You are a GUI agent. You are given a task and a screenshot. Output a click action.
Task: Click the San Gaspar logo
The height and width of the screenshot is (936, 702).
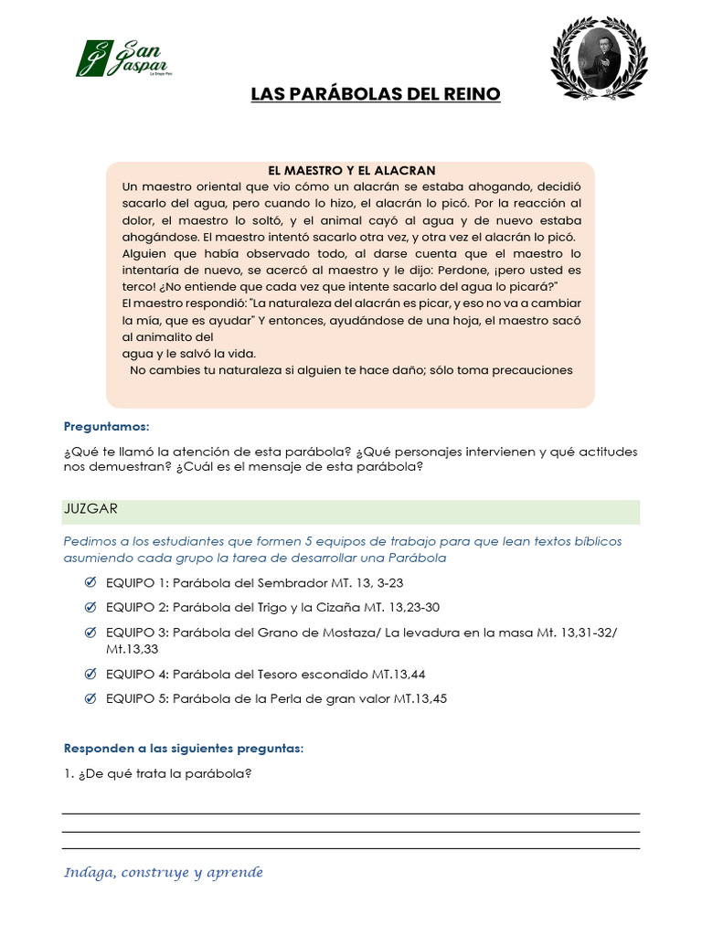pos(123,58)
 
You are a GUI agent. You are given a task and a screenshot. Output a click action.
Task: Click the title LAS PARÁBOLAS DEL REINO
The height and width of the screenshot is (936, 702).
pos(376,95)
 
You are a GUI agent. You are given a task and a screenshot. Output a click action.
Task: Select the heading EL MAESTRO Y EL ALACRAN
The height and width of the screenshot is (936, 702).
pos(351,170)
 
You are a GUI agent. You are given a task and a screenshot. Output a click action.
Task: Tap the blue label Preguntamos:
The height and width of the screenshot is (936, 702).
pos(106,427)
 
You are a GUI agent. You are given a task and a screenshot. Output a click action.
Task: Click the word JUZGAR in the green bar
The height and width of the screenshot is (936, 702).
pos(90,508)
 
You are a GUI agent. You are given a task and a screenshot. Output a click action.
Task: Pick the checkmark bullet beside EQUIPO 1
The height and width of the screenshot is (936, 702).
pos(90,582)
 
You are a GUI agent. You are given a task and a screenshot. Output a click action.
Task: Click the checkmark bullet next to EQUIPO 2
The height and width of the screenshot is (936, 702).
pos(90,607)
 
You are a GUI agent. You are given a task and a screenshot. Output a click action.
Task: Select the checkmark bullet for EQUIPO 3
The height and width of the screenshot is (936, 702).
pos(90,633)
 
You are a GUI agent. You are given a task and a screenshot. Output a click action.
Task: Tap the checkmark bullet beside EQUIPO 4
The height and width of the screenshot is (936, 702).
pos(90,674)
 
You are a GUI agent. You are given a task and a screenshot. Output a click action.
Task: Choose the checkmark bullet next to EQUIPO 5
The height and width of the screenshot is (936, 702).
pos(90,698)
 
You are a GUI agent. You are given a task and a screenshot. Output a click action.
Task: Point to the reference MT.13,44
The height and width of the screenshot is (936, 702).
pos(398,675)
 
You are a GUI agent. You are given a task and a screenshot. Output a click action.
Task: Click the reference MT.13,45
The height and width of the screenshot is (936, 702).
pos(420,699)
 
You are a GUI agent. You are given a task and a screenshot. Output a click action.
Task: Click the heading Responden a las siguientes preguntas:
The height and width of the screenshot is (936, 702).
pos(183,749)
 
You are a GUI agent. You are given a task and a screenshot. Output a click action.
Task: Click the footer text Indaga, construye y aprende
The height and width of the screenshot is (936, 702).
pos(163,873)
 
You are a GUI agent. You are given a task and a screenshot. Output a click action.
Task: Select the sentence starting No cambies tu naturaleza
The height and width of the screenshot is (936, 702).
pos(351,370)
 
